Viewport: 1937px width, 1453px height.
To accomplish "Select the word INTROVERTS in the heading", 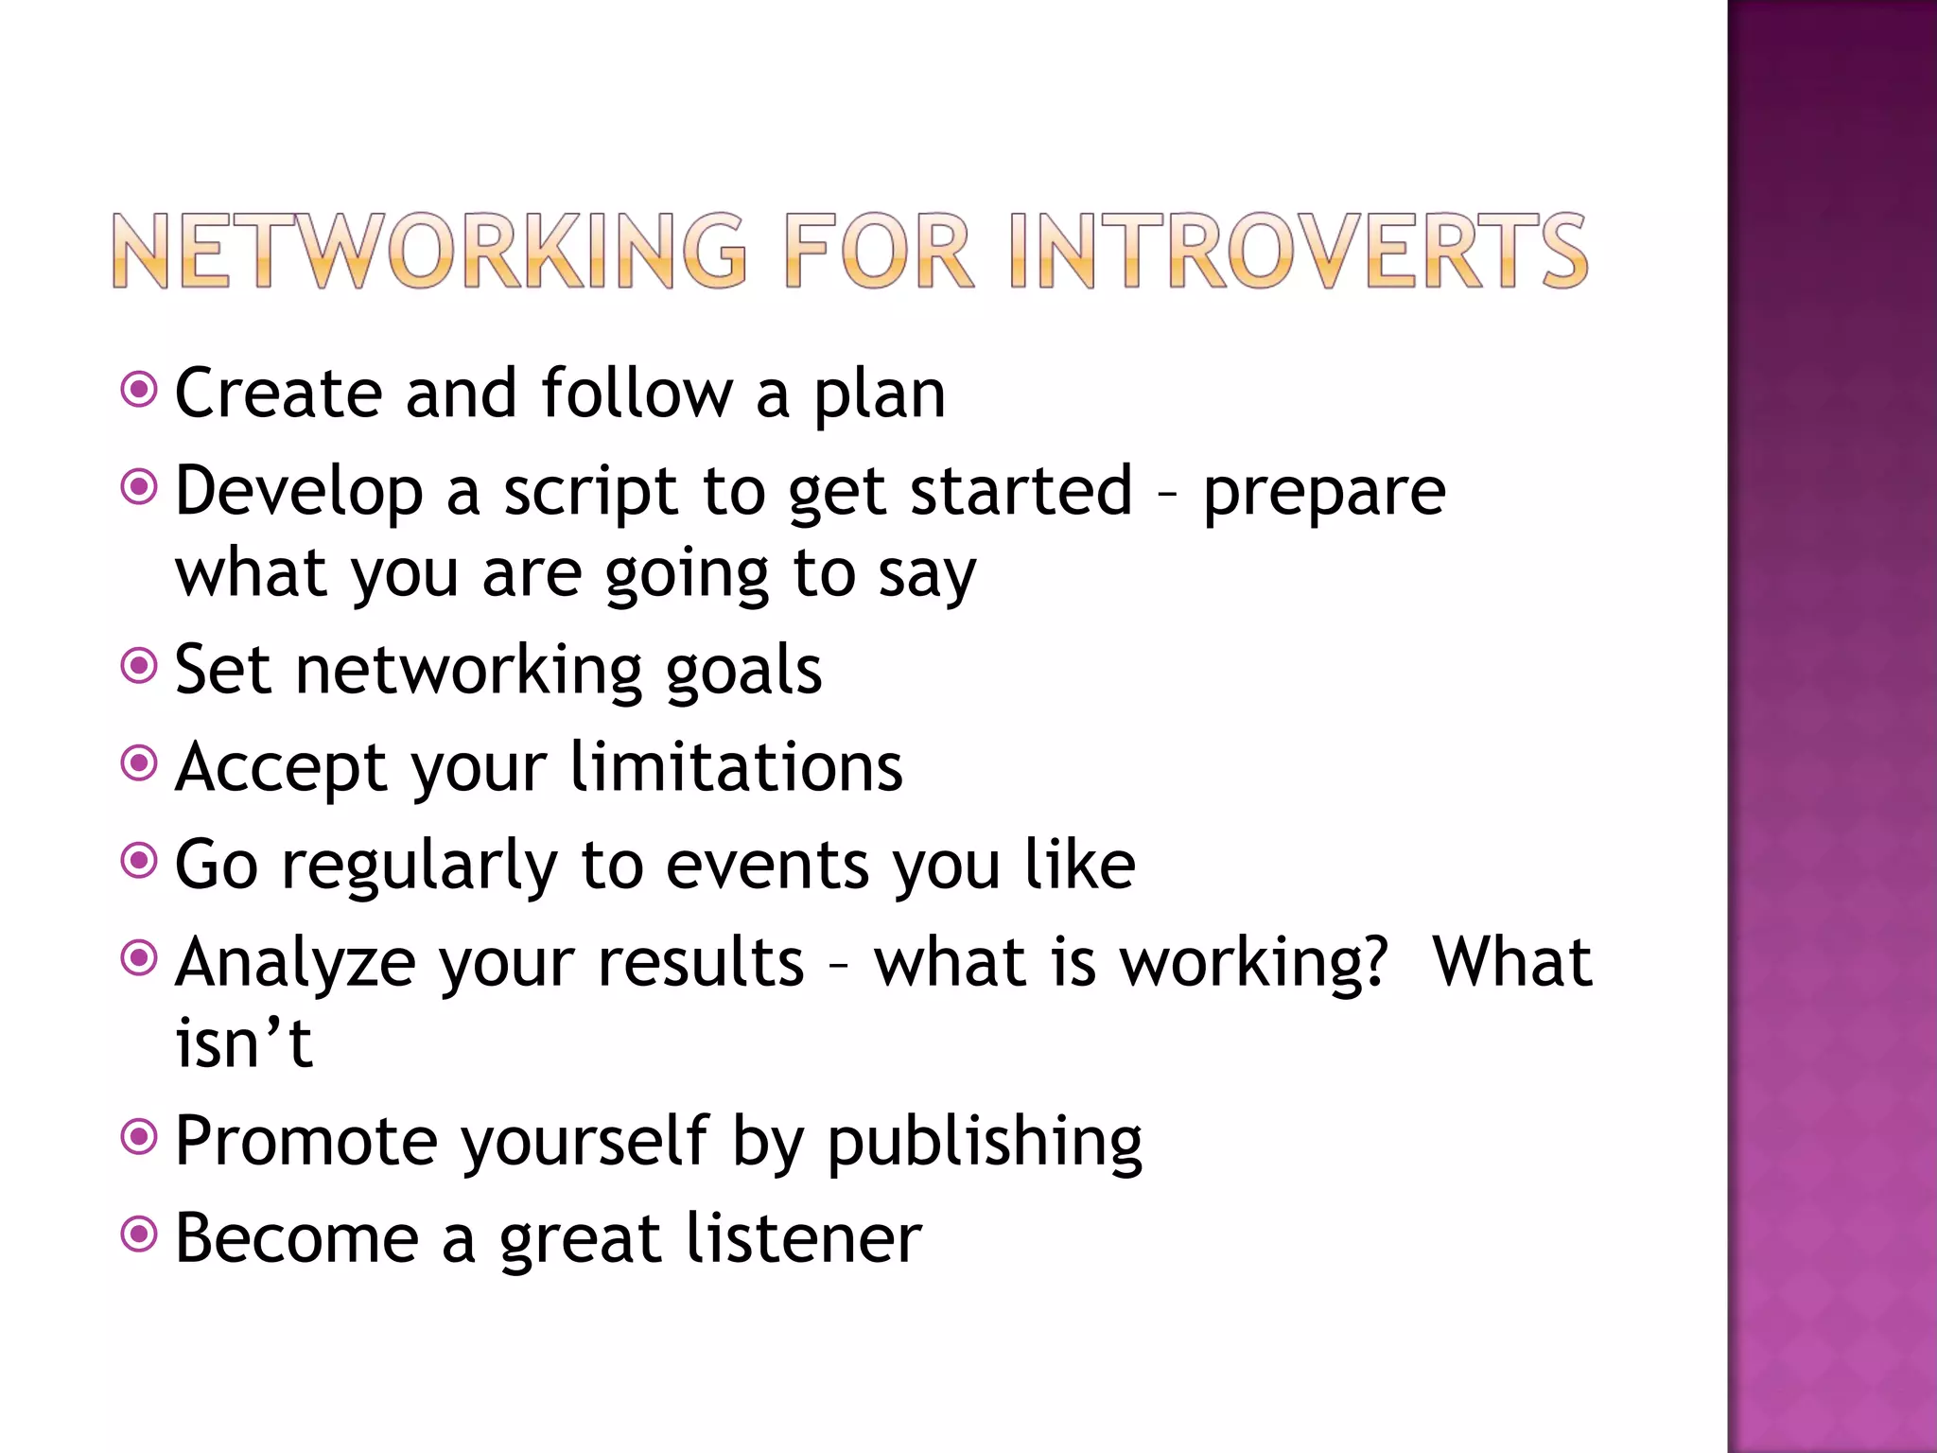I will (1298, 251).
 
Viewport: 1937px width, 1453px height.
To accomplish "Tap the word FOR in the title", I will (878, 251).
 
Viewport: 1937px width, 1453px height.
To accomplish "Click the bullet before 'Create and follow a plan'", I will (139, 389).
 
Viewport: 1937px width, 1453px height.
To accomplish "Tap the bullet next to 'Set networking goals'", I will (139, 666).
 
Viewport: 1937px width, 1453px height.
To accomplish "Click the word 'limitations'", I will (737, 766).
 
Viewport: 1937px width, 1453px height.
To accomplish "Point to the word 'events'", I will (767, 867).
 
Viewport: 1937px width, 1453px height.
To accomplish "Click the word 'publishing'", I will (985, 1143).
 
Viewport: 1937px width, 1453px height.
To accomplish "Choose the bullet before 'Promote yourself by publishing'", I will (139, 1135).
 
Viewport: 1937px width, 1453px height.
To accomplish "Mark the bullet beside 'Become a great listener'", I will (139, 1233).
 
